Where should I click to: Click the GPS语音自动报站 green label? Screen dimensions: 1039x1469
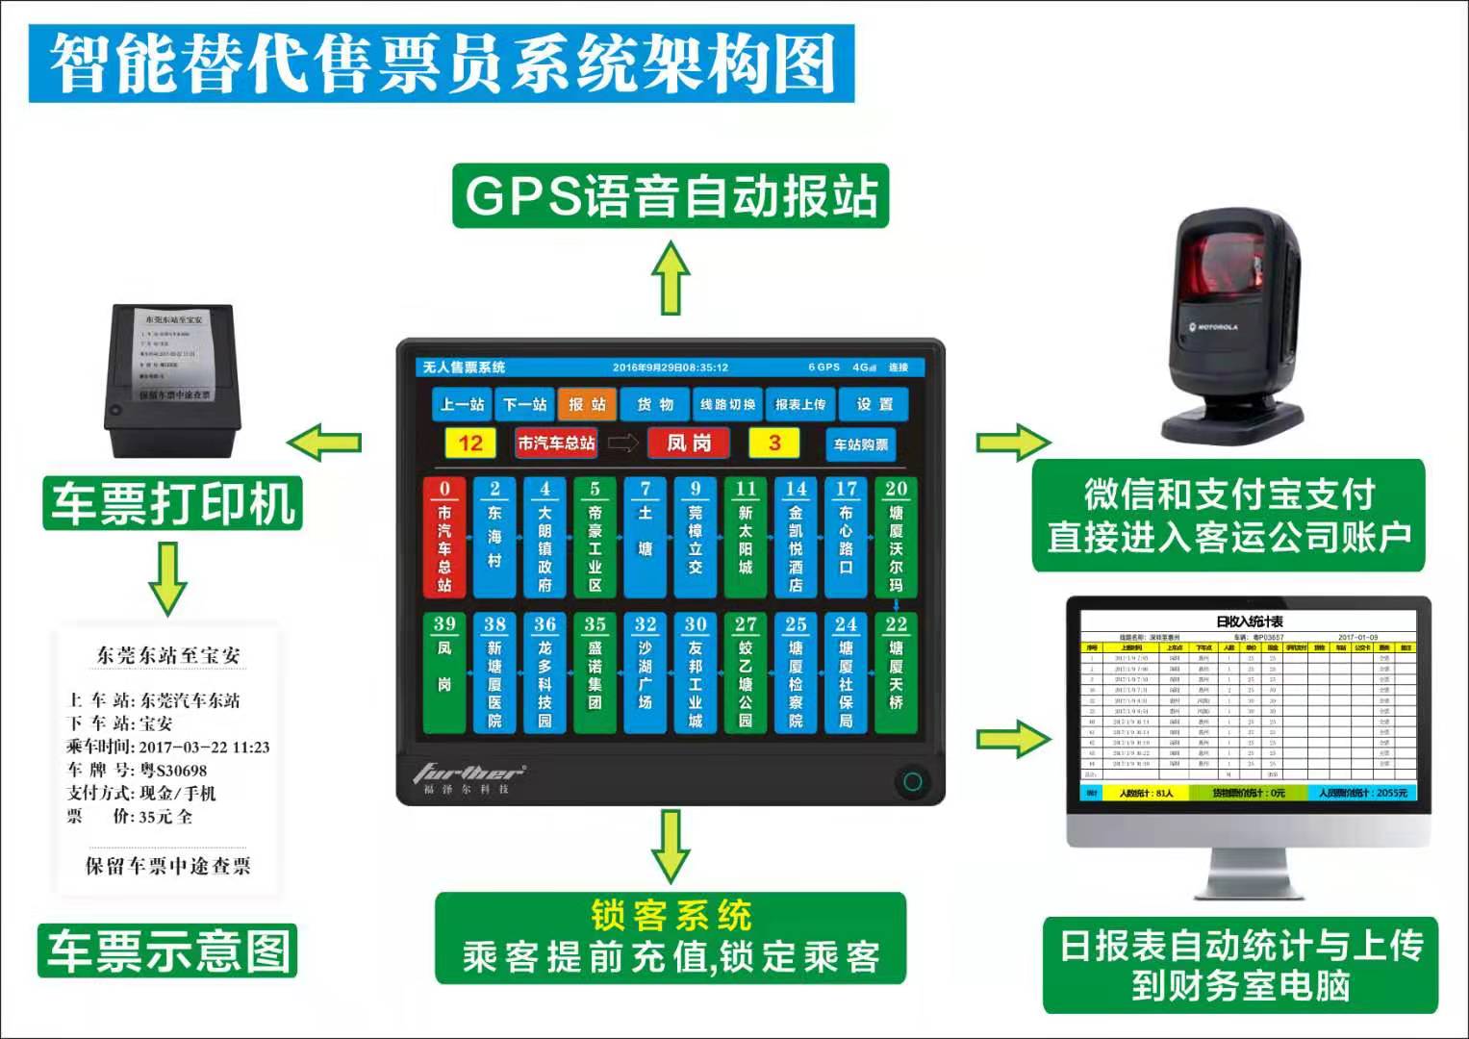671,196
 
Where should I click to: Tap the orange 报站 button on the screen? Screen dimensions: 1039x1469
587,404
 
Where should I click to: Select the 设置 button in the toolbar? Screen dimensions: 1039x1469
874,404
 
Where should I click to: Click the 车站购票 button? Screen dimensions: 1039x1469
860,444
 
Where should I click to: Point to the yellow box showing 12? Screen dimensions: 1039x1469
470,443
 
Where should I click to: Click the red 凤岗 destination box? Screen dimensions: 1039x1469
689,443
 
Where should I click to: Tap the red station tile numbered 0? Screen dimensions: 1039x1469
444,537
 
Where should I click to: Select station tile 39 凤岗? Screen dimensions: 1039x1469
444,672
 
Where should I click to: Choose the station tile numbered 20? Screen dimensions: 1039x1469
896,537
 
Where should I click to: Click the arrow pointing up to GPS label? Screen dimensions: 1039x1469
671,278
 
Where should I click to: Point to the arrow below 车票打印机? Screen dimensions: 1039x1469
168,577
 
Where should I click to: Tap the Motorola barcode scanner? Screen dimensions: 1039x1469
1234,327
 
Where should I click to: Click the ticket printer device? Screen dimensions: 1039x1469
171,379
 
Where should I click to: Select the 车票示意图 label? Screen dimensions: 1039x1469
168,950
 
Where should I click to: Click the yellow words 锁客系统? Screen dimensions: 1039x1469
671,915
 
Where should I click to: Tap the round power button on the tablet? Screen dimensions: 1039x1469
911,781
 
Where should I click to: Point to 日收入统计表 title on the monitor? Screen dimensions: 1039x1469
1249,621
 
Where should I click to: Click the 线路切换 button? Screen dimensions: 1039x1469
727,404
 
